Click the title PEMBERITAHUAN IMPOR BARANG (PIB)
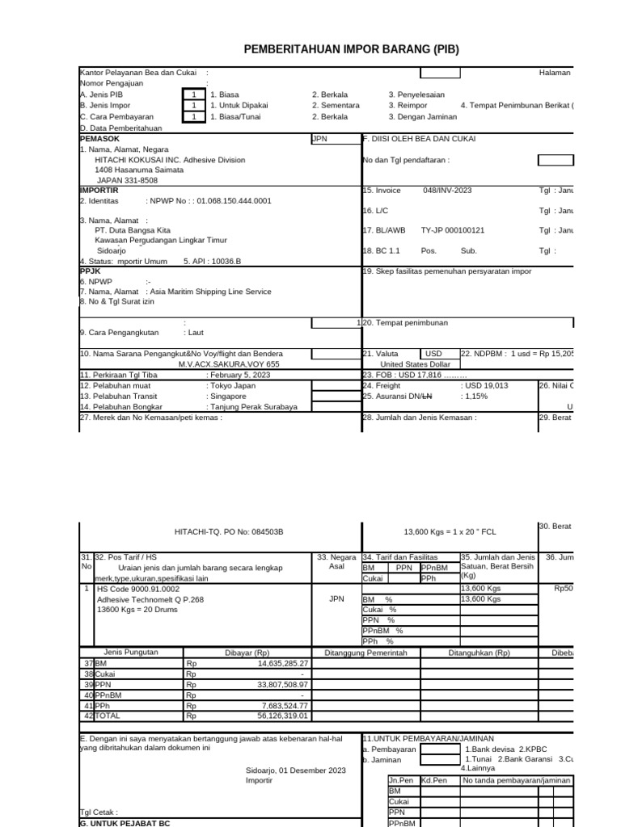(351, 50)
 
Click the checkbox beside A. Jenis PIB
(193, 94)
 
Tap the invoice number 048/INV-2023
(449, 191)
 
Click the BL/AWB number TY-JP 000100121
(453, 230)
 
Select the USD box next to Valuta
(434, 354)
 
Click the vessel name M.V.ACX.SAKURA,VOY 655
(229, 364)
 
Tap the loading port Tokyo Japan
(231, 385)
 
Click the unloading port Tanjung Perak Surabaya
(252, 406)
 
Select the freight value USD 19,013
(485, 385)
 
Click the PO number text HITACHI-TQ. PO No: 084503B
(229, 532)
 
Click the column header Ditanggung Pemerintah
(365, 652)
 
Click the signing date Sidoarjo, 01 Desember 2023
(296, 770)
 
